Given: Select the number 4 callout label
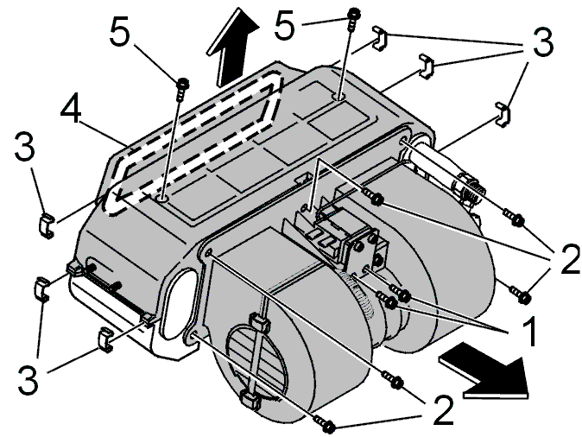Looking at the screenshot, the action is tap(71, 107).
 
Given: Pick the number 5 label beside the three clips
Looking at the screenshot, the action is tap(284, 24).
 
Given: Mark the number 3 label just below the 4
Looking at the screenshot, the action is tap(24, 147).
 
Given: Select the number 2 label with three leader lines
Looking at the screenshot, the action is tap(569, 259).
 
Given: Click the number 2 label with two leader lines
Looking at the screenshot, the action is tap(444, 410).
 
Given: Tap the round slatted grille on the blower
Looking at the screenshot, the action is tap(256, 360).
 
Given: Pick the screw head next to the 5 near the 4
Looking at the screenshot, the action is tap(183, 82).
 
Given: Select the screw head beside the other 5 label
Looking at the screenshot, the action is tap(353, 13).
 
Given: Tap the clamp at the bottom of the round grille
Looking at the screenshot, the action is tap(251, 400).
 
